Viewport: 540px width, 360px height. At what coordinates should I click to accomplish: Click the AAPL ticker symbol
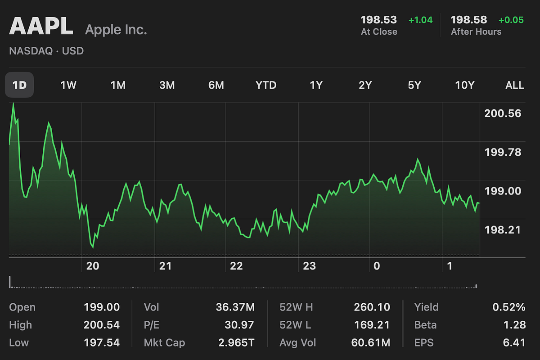[41, 27]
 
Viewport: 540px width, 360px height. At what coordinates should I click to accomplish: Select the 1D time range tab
[19, 85]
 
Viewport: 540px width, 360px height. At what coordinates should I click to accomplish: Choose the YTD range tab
[266, 85]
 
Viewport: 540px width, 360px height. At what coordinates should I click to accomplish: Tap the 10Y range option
[465, 85]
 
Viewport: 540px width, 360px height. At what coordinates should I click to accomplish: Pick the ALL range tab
[515, 85]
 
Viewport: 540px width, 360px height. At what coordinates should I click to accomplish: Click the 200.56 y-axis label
[503, 113]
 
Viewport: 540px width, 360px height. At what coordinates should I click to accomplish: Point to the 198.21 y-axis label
[503, 230]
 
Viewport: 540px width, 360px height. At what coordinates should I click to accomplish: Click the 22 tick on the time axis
[236, 266]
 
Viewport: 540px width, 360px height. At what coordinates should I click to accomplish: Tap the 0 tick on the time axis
[377, 266]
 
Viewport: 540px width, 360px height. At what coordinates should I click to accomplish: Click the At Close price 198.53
[379, 20]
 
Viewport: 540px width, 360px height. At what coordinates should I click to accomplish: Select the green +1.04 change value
[420, 20]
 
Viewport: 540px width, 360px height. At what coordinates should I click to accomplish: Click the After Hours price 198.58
[469, 20]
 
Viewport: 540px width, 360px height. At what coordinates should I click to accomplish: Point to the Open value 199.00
[102, 307]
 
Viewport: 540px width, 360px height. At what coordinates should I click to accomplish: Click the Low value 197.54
[102, 343]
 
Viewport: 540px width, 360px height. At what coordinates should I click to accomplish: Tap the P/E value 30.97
[239, 325]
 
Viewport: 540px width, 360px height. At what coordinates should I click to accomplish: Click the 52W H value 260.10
[372, 307]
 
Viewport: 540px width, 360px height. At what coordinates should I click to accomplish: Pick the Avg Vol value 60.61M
[370, 343]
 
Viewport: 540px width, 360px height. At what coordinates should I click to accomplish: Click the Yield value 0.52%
[508, 307]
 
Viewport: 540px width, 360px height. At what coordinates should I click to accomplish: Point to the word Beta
[425, 325]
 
